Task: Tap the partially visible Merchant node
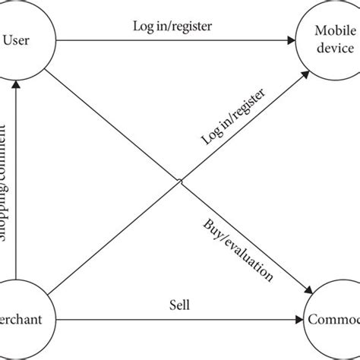point(18,319)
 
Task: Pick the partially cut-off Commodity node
point(334,319)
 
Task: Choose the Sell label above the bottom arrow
point(179,305)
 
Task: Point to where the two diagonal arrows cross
point(180,179)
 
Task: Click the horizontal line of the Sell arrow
point(175,319)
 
